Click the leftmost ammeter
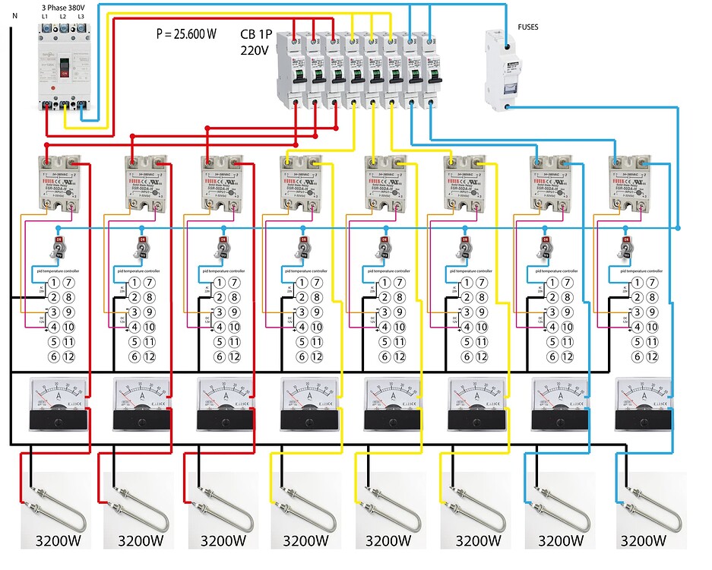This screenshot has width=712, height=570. (x=58, y=404)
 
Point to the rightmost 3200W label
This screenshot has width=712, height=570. (x=643, y=541)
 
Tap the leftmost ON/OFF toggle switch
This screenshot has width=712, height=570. (x=58, y=247)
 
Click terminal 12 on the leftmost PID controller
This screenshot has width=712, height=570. (x=68, y=356)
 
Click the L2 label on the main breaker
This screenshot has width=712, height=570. (x=62, y=16)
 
